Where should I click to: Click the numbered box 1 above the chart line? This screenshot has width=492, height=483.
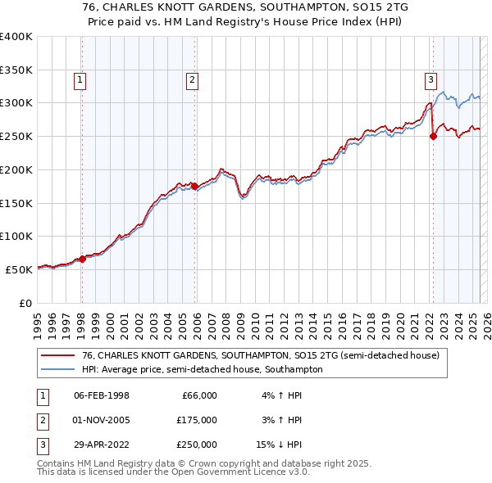point(80,79)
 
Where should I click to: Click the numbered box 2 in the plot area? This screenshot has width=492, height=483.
point(192,79)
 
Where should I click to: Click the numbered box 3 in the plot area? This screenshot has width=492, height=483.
point(430,79)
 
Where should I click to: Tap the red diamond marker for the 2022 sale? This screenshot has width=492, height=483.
point(434,137)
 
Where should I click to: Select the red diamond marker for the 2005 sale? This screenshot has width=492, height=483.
point(195,187)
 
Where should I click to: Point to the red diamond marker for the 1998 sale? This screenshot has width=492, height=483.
point(82,259)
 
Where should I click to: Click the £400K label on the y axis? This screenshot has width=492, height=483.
point(16,37)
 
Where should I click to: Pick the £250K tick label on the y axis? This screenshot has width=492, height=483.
point(16,137)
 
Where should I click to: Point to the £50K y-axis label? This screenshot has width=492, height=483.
point(20,269)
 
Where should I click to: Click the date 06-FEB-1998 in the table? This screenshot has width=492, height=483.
point(102,395)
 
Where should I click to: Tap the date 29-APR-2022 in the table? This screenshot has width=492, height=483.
point(102,445)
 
